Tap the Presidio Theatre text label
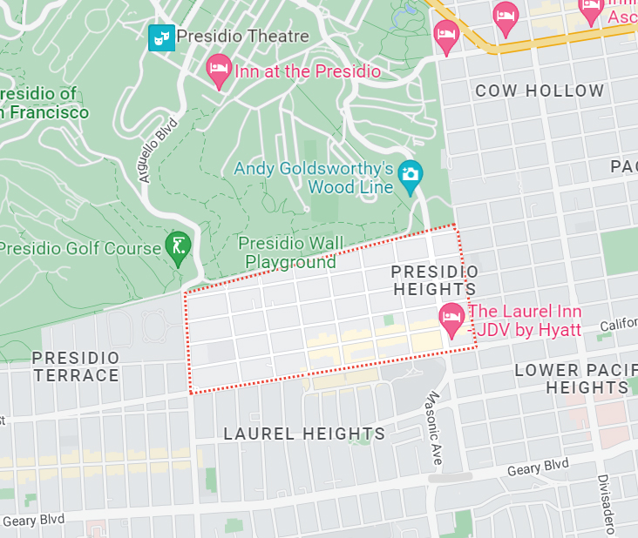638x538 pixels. pyautogui.click(x=242, y=37)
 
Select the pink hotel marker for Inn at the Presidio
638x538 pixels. pyautogui.click(x=217, y=70)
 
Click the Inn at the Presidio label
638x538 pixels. pyautogui.click(x=307, y=71)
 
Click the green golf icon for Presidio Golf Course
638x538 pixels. pyautogui.click(x=177, y=247)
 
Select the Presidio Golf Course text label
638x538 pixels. pyautogui.click(x=80, y=248)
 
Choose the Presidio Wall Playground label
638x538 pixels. pyautogui.click(x=290, y=252)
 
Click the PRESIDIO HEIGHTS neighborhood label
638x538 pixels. pyautogui.click(x=434, y=280)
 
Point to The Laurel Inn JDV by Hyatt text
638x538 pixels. pyautogui.click(x=525, y=321)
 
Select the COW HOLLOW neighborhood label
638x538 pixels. pyautogui.click(x=540, y=91)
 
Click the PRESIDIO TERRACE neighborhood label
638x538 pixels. pyautogui.click(x=76, y=367)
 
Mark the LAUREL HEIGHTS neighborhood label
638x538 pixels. pyautogui.click(x=304, y=434)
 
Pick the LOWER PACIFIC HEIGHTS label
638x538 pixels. pyautogui.click(x=571, y=379)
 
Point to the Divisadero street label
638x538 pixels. pyautogui.click(x=605, y=505)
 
